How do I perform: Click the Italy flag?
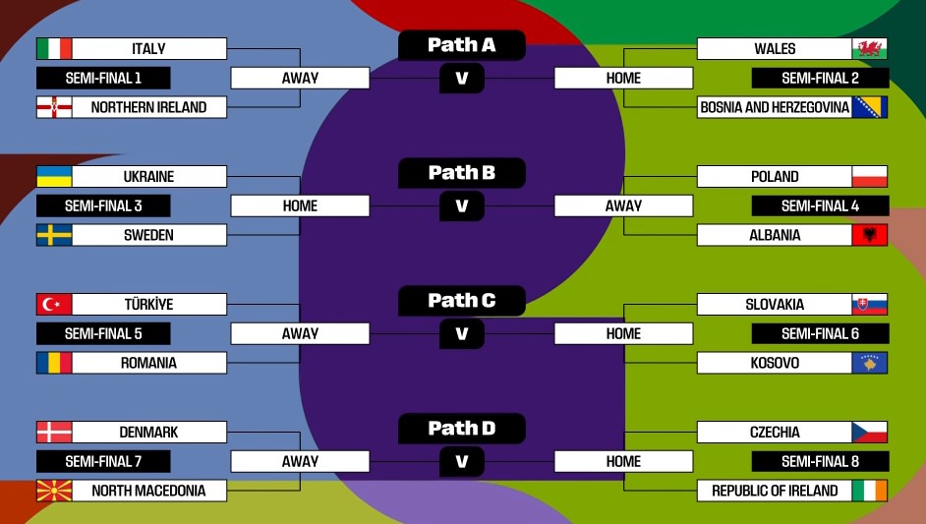[54, 49]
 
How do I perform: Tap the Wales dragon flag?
[870, 49]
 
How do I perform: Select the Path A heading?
[462, 45]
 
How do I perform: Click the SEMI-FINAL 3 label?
[103, 206]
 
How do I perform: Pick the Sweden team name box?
[149, 236]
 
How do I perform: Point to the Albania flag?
[870, 236]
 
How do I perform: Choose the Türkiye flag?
[54, 305]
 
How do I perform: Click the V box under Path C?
[462, 334]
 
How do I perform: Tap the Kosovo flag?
[870, 364]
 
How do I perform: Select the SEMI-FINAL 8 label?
[820, 462]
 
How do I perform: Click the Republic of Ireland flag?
[870, 491]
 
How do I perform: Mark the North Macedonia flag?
[54, 491]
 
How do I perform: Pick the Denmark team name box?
[149, 433]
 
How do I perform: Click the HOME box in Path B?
[300, 206]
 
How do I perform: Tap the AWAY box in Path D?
[300, 462]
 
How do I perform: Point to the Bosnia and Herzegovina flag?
[870, 107]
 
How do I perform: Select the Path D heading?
[462, 429]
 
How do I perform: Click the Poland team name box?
[775, 177]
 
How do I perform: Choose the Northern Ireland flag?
[54, 107]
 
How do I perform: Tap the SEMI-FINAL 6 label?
[820, 334]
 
